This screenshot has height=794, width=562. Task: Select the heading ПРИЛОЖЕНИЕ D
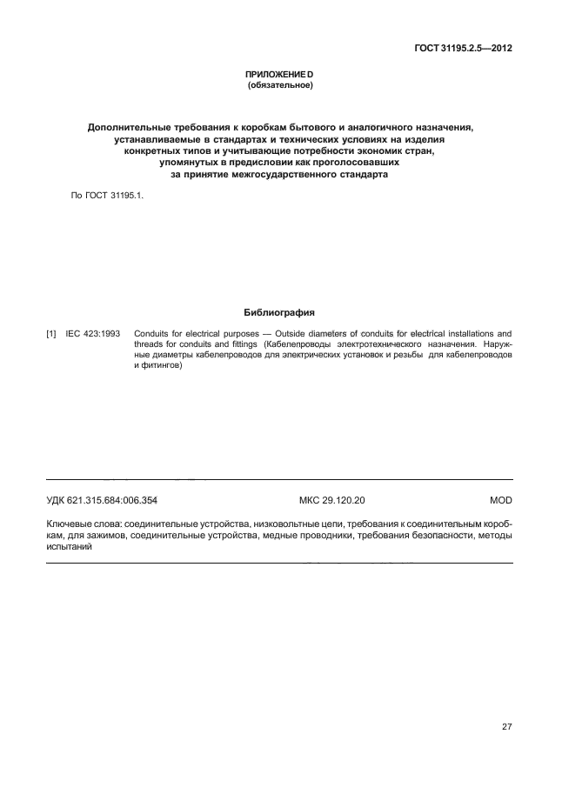pyautogui.click(x=279, y=77)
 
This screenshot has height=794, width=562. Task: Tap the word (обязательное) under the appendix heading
pyautogui.click(x=279, y=87)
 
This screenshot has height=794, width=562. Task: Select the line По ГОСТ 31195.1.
pyautogui.click(x=105, y=197)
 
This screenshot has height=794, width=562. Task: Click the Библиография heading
pyautogui.click(x=279, y=310)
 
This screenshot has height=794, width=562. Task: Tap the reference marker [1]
pyautogui.click(x=51, y=333)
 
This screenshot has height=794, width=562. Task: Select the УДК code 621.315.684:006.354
pyautogui.click(x=102, y=501)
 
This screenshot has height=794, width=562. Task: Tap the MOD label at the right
pyautogui.click(x=501, y=501)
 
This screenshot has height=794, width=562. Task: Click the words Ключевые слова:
pyautogui.click(x=84, y=525)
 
